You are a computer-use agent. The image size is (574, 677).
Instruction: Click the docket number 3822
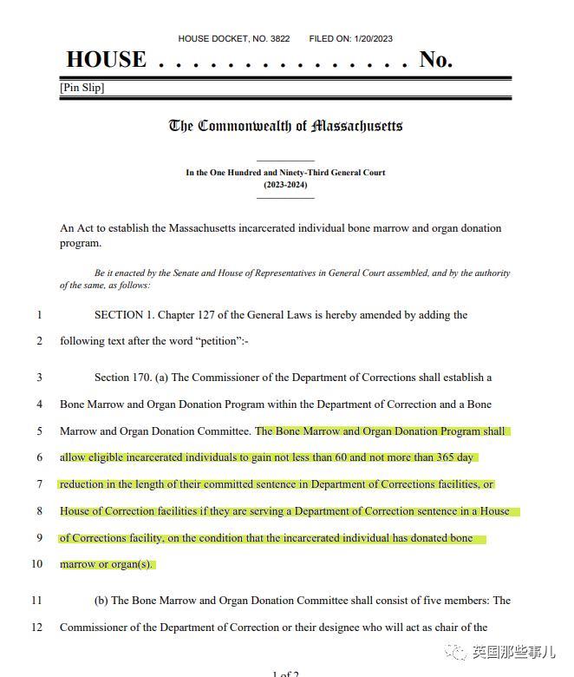279,39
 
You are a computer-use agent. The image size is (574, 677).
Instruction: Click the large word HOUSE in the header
106,60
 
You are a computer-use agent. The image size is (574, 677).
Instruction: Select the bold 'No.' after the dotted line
435,60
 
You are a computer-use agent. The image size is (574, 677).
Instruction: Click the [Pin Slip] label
82,88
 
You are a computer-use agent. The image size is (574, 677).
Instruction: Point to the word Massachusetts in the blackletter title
357,126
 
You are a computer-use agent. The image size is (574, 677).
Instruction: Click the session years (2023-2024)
285,185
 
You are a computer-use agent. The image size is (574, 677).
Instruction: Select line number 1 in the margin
39,315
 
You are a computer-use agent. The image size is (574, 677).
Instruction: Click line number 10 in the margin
37,564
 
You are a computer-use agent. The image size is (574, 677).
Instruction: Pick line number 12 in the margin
37,627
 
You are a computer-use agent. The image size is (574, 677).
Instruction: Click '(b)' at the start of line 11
101,601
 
